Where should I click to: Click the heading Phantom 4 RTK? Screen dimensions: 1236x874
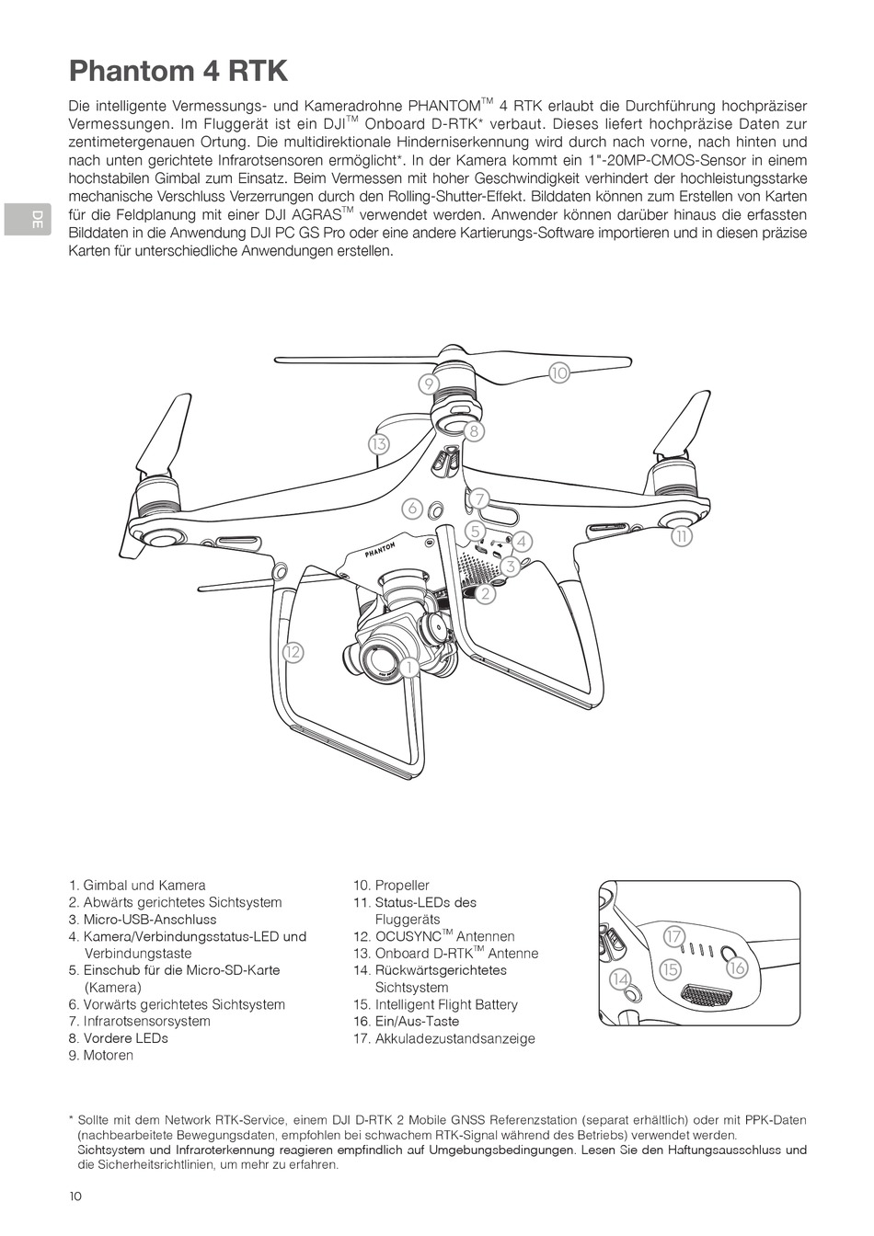178,71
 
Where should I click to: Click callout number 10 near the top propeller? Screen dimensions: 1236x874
559,372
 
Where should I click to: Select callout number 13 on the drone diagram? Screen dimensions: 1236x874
378,443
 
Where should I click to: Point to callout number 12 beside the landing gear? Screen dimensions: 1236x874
293,652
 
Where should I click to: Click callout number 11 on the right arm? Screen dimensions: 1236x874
681,536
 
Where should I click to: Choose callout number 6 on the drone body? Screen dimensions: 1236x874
412,508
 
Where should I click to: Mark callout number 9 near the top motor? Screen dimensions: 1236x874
428,383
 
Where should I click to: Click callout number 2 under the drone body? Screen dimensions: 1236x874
485,593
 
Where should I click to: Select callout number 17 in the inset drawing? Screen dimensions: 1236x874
674,935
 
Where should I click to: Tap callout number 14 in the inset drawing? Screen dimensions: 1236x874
621,979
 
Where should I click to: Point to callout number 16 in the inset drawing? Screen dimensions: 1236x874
736,968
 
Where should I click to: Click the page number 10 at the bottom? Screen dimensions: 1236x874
75,1196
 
